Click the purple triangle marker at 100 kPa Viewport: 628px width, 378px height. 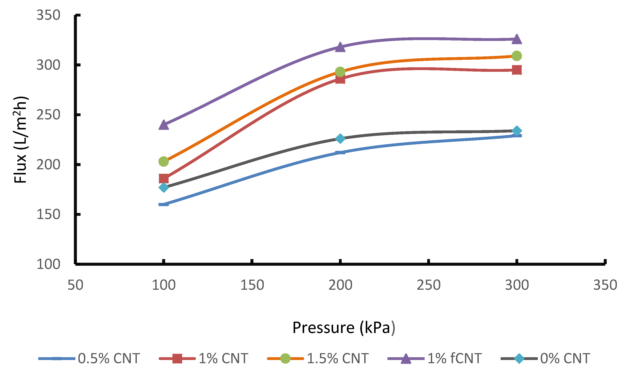point(164,125)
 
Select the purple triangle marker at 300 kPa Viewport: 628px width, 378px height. point(517,39)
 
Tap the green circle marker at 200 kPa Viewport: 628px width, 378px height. point(340,72)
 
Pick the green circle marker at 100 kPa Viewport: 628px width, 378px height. point(164,161)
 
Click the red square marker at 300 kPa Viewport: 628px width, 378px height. point(517,70)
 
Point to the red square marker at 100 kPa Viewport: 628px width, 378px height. point(164,178)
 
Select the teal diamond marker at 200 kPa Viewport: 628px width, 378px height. point(340,139)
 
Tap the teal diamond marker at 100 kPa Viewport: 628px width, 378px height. point(164,187)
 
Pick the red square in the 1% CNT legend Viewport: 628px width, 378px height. point(177,359)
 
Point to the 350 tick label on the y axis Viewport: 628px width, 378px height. point(48,15)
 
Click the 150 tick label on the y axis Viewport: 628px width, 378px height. point(48,214)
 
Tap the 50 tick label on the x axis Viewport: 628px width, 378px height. point(75,285)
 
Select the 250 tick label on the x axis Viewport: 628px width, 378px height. point(428,285)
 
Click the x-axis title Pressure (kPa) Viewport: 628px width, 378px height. point(344,327)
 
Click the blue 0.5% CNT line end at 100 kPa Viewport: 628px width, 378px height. point(164,204)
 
